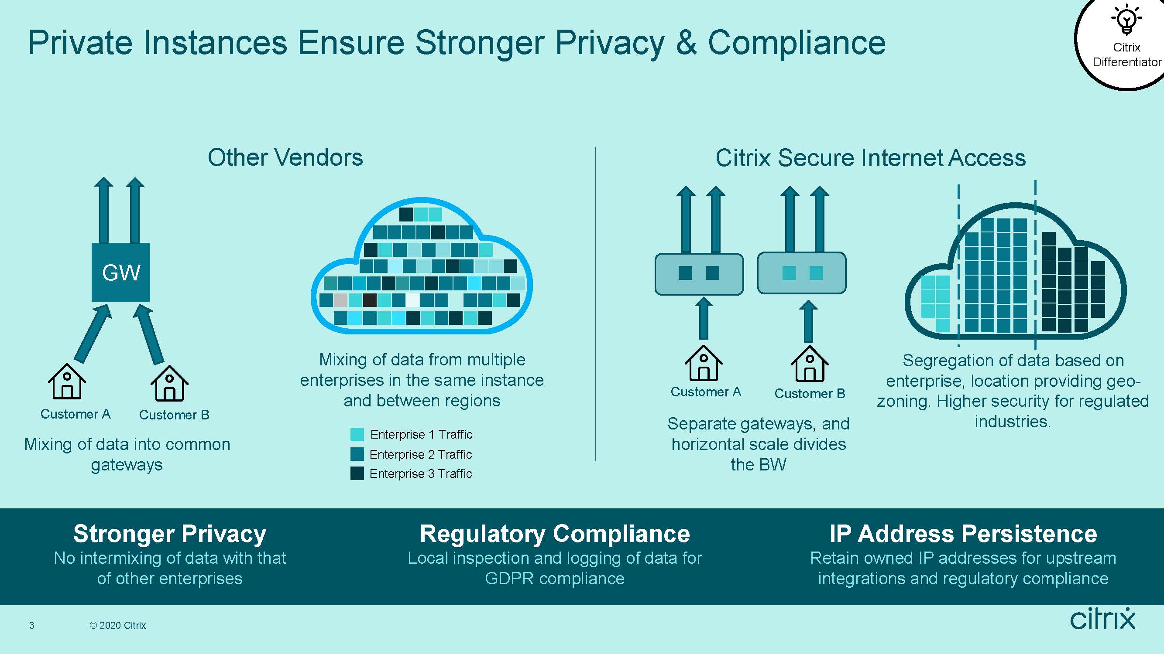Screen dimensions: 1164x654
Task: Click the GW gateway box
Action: pos(120,272)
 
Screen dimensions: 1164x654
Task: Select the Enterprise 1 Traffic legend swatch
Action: pos(357,434)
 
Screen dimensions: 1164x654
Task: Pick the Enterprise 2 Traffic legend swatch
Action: pos(357,454)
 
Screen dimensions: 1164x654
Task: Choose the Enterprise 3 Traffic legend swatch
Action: pos(357,473)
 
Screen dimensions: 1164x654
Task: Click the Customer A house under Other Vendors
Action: pos(67,381)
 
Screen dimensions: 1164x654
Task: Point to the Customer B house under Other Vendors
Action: pos(169,383)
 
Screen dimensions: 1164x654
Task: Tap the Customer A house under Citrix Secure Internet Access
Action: pos(704,363)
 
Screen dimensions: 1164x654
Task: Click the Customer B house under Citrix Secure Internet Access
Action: pos(810,364)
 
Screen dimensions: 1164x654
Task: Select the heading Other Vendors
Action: pos(285,157)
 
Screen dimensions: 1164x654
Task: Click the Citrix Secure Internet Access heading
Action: pos(870,158)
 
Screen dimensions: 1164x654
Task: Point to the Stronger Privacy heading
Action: pos(170,534)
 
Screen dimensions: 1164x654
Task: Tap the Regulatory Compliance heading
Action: pos(555,534)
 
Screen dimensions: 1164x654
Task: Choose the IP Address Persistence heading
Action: pos(963,534)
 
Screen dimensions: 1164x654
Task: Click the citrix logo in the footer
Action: pos(1102,618)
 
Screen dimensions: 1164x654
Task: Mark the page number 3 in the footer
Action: pos(31,625)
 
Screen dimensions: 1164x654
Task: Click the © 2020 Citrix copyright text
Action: pos(117,625)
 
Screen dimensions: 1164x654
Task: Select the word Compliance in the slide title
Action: pos(797,43)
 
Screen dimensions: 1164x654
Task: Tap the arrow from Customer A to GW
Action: pos(93,333)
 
